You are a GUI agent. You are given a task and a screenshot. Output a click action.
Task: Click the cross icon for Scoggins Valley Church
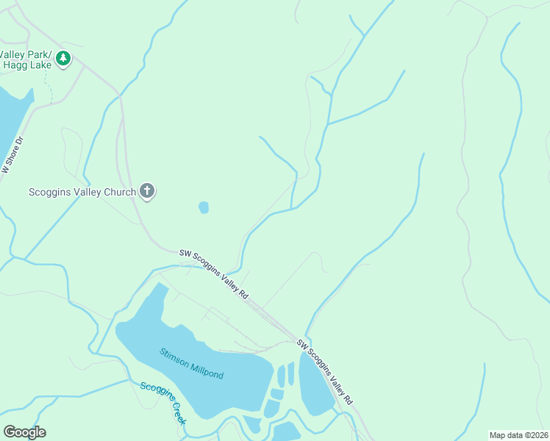[x=147, y=192]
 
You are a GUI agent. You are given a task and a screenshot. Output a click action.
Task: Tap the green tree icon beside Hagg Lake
[x=63, y=57]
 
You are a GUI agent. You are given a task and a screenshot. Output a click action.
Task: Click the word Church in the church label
[x=118, y=193]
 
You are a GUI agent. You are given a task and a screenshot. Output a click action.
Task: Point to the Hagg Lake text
[x=25, y=65]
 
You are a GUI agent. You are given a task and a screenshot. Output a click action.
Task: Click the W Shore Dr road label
[x=12, y=156]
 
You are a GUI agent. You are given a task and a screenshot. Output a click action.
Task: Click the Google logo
[x=24, y=431]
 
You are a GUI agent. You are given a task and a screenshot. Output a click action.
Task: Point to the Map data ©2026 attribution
[x=518, y=435]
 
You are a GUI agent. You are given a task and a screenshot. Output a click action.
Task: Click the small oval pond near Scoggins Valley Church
[x=204, y=208]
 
